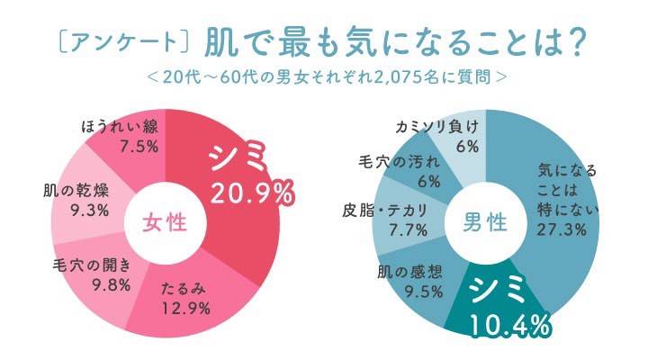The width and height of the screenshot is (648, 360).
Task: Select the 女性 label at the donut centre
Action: point(166,221)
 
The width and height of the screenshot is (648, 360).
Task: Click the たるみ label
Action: point(185,290)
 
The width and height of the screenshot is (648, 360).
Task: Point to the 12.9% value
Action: point(185,309)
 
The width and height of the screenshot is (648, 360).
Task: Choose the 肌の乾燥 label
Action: point(76,191)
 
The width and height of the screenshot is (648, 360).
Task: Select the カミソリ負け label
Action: point(437,126)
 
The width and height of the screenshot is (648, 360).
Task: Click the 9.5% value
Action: point(412,291)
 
